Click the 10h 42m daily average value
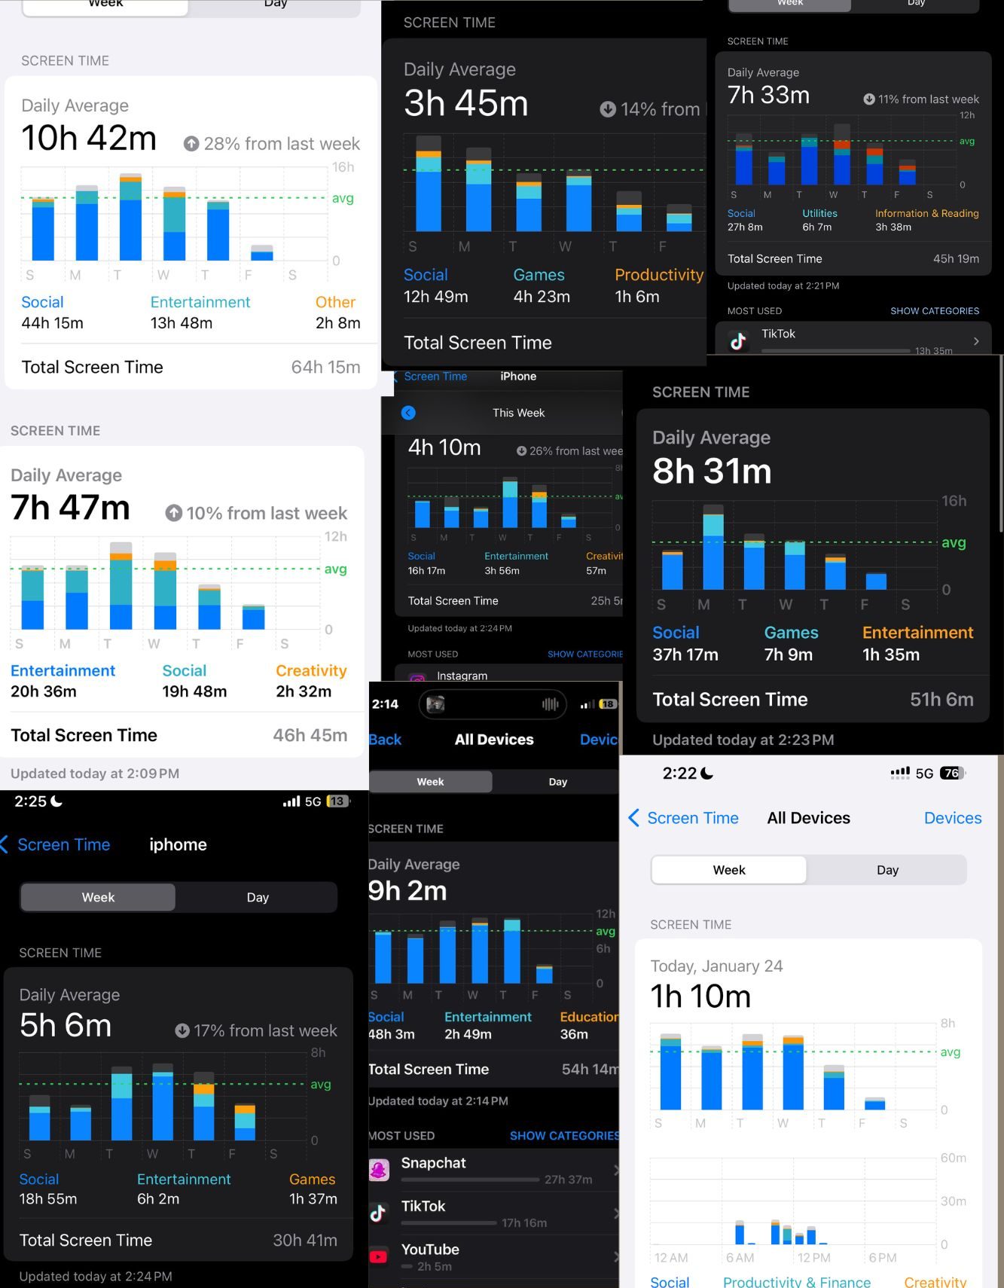click(x=89, y=139)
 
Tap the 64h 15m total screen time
click(x=325, y=368)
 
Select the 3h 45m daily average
click(x=465, y=104)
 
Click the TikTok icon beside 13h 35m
click(x=738, y=341)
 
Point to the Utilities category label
click(x=819, y=214)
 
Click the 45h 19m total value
click(x=956, y=259)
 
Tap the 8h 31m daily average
click(x=712, y=472)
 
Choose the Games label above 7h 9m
click(x=791, y=633)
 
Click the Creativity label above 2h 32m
click(x=311, y=671)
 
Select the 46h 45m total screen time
click(x=310, y=736)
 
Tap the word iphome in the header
click(x=178, y=845)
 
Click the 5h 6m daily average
click(x=66, y=1026)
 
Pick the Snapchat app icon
click(x=378, y=1170)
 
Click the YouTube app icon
click(x=378, y=1256)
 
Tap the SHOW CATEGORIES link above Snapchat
click(x=564, y=1136)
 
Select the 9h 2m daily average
click(x=407, y=891)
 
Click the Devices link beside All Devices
click(x=952, y=819)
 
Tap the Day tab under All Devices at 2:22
click(x=887, y=871)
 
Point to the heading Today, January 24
click(x=716, y=966)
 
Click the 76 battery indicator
click(x=952, y=774)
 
